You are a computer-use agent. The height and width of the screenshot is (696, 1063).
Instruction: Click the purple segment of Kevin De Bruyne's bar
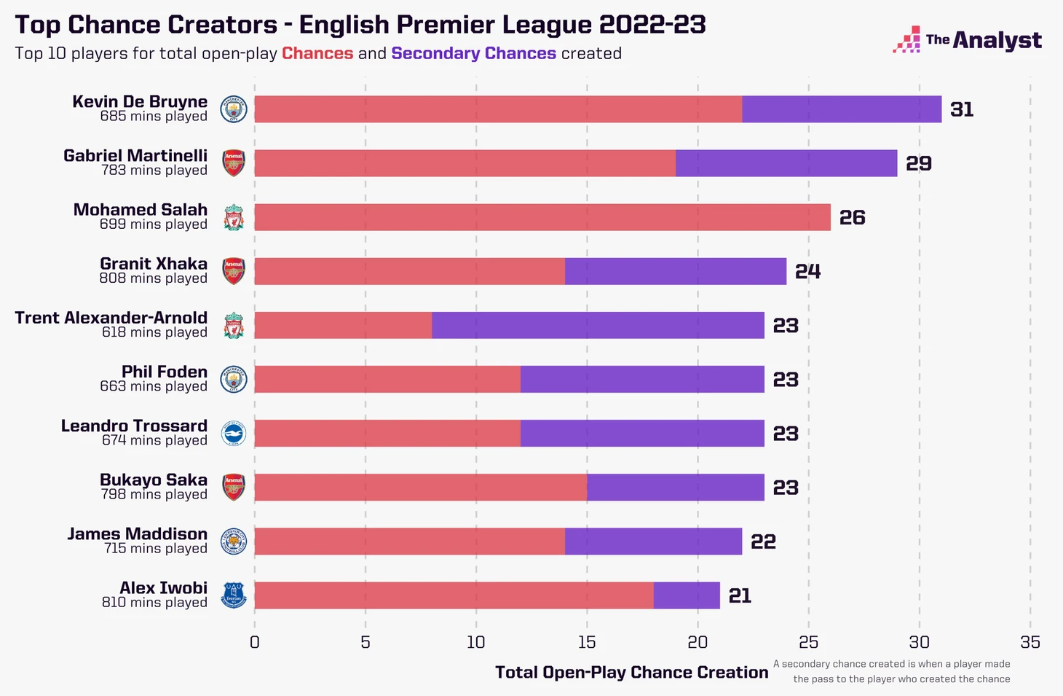842,109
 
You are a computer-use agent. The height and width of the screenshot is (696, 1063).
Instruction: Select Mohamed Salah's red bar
542,217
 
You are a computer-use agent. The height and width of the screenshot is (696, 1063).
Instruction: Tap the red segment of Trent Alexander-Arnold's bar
343,325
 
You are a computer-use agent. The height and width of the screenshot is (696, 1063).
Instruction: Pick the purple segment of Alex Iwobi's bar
687,595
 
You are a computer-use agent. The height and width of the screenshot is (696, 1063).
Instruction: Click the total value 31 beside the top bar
962,109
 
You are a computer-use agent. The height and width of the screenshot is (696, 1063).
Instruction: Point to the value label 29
918,163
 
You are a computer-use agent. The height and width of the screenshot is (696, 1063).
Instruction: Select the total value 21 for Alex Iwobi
740,595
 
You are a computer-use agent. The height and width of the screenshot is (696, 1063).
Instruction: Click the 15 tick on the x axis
587,642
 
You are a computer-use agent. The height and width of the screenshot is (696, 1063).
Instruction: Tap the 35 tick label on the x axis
1030,642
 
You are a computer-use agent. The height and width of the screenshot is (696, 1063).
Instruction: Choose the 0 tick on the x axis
254,642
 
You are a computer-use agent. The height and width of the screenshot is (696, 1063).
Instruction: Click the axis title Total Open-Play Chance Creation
631,672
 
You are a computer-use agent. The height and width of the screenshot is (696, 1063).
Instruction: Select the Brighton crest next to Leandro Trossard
234,434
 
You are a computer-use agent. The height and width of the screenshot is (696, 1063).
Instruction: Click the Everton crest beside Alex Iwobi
234,595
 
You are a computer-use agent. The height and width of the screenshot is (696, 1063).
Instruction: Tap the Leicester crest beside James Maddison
234,541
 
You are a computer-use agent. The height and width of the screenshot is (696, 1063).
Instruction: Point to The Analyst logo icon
906,40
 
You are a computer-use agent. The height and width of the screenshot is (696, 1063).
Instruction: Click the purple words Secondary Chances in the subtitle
473,53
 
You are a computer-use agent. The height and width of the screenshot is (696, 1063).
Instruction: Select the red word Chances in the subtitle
317,53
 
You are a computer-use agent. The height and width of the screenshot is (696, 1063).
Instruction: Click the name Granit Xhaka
154,264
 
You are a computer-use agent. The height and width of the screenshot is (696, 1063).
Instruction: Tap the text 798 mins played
154,494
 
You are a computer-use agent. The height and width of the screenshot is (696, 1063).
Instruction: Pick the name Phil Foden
165,372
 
